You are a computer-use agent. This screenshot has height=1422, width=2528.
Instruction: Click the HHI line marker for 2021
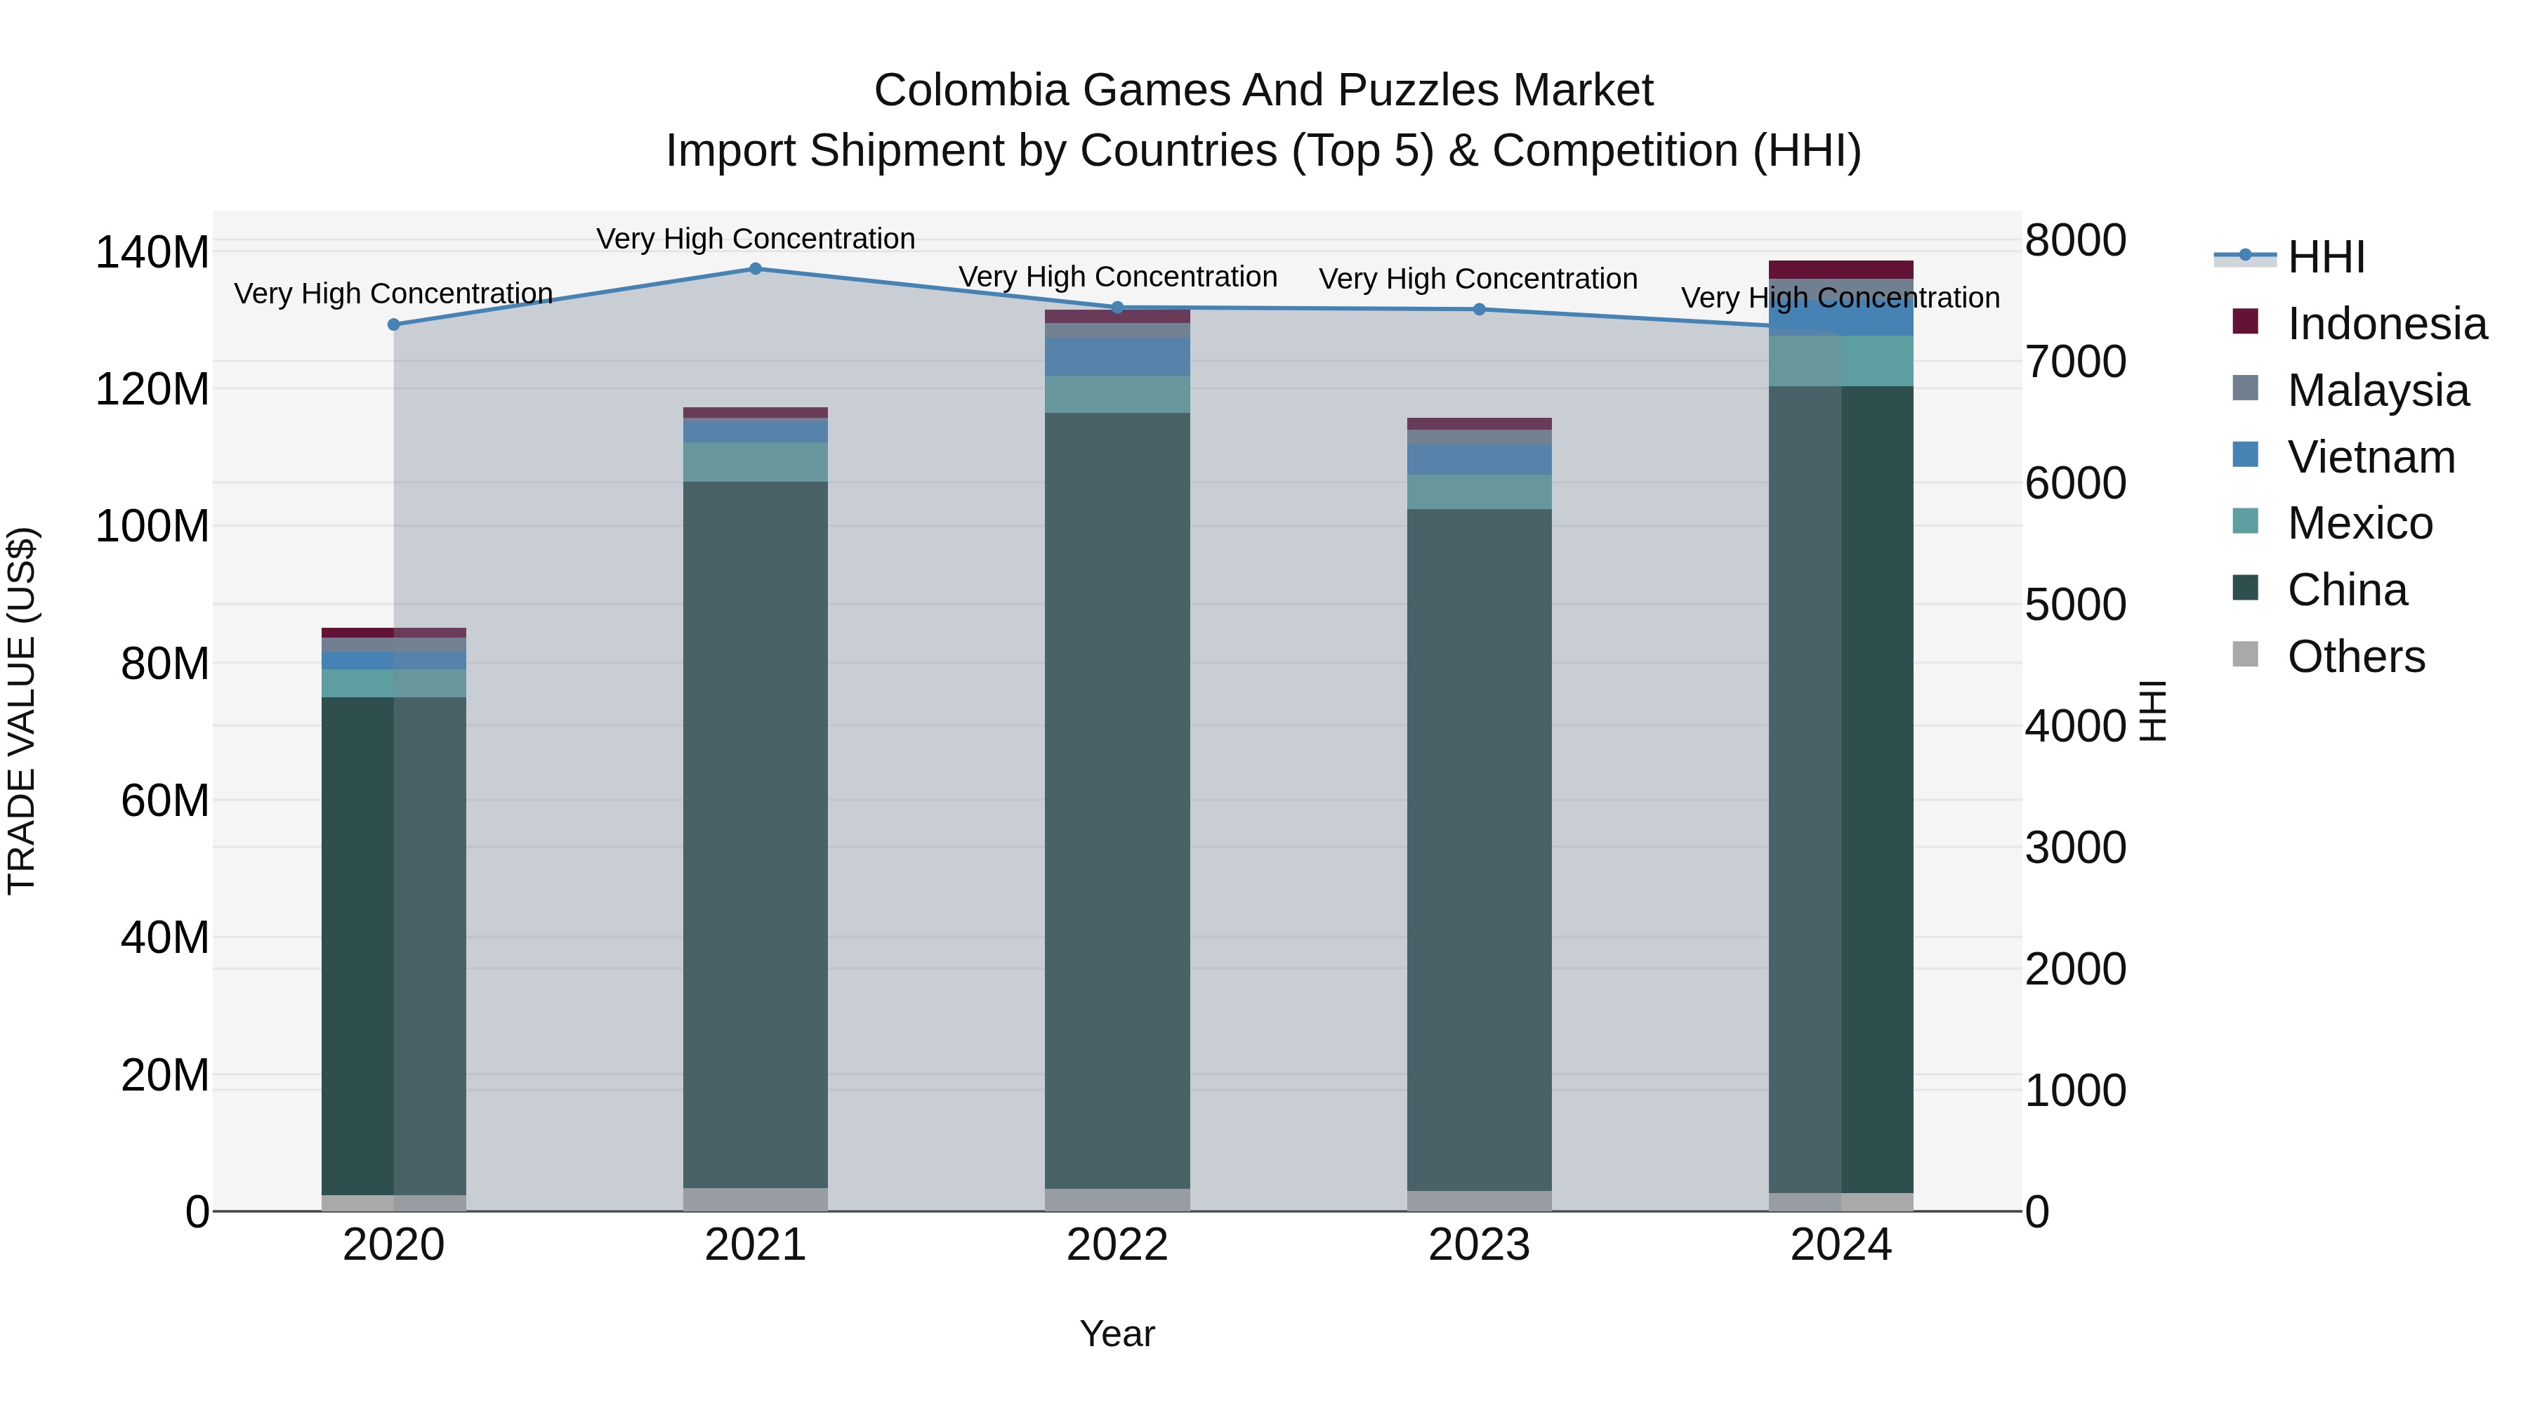click(x=756, y=269)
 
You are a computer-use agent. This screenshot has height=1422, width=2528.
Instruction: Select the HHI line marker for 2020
click(x=393, y=325)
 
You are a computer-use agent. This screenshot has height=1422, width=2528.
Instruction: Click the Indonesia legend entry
click(x=2385, y=324)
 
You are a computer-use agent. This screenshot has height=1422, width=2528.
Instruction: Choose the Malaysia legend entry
click(x=2377, y=390)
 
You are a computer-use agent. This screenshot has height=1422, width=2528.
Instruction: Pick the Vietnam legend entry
click(x=2370, y=457)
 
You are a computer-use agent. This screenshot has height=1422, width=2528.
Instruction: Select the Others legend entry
click(x=2355, y=657)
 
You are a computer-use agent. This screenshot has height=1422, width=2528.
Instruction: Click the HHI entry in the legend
click(x=2325, y=257)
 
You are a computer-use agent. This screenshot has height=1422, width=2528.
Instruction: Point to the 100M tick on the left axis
click(x=152, y=527)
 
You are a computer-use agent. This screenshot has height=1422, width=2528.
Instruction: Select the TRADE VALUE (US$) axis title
click(x=22, y=711)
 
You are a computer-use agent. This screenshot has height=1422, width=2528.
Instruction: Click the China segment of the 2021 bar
click(x=756, y=834)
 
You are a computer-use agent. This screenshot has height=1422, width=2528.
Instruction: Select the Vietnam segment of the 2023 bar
click(x=1479, y=459)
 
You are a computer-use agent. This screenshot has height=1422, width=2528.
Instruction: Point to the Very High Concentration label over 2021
click(x=756, y=239)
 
